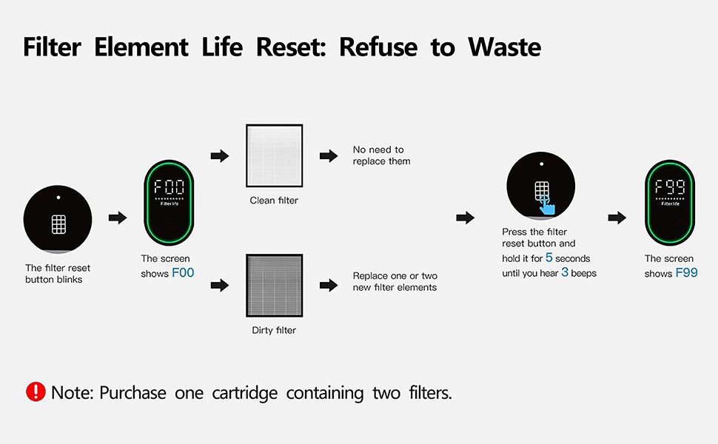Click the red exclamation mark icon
point(36,391)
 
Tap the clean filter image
point(275,155)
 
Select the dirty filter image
point(275,285)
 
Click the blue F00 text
point(183,273)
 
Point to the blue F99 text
point(687,273)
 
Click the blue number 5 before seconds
point(549,258)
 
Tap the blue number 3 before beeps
point(565,272)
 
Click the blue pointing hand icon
point(547,205)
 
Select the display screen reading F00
point(169,203)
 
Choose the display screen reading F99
point(670,203)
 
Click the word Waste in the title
point(505,47)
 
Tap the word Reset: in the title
point(291,47)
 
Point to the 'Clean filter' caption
point(274,200)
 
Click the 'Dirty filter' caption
point(274,330)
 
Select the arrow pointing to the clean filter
point(220,155)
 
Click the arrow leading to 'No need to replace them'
point(329,155)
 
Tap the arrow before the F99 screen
point(617,218)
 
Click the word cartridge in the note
point(244,393)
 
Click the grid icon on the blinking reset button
point(58,224)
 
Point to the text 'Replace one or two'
point(395,275)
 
